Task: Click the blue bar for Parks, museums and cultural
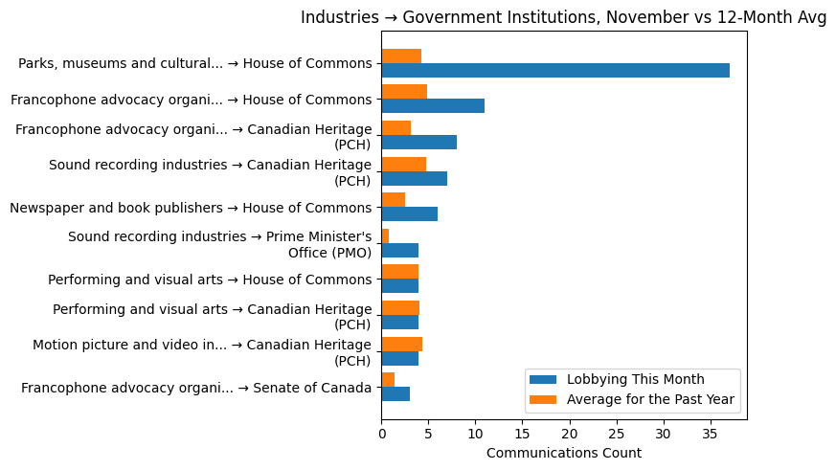click(555, 71)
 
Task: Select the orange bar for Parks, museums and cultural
click(401, 56)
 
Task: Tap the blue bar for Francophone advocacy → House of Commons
click(433, 106)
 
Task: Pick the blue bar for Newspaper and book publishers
click(409, 214)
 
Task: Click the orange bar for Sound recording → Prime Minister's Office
click(385, 235)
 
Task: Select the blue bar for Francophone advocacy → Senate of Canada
click(395, 394)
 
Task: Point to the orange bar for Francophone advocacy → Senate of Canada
click(388, 380)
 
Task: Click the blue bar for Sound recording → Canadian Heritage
click(414, 178)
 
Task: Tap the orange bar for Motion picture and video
click(401, 344)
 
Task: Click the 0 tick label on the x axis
click(381, 432)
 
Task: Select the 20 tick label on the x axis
click(569, 432)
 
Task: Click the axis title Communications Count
click(563, 453)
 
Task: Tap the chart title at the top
click(563, 17)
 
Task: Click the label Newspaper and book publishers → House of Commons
click(191, 208)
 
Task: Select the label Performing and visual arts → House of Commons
click(210, 280)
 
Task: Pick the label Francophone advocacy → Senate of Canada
click(196, 388)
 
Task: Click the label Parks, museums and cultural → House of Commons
click(194, 64)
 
